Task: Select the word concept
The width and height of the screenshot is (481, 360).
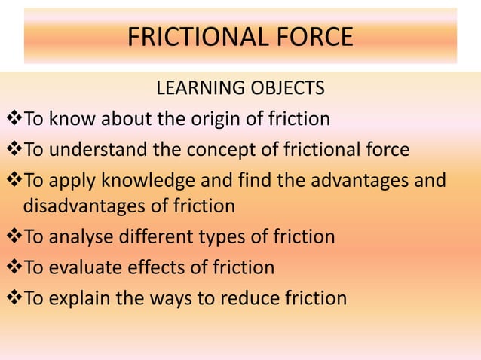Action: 219,149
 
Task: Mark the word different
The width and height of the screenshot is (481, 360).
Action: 158,237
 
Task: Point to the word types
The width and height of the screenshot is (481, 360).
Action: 223,237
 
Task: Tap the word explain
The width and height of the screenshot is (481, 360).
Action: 81,297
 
